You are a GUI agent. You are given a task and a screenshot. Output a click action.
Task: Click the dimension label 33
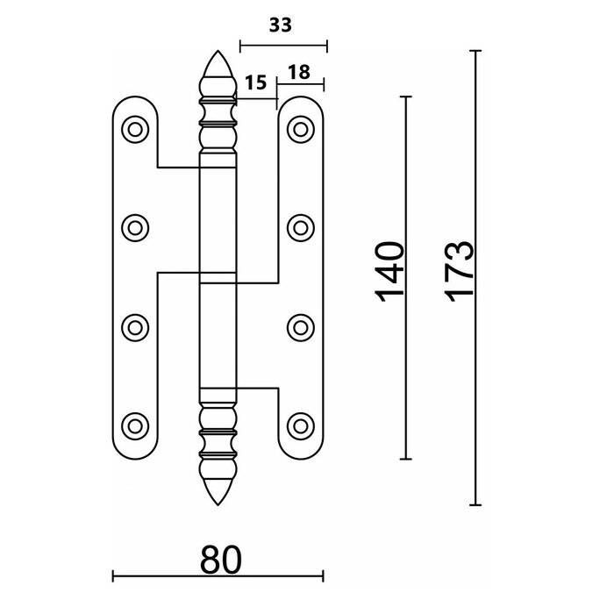(280, 26)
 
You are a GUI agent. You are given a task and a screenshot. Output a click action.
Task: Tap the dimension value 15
(256, 84)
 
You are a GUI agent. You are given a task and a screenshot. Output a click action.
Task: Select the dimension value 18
(299, 72)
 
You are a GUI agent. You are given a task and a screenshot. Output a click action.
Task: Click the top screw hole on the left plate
(135, 129)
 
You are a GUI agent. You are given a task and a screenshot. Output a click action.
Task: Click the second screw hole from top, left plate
(135, 228)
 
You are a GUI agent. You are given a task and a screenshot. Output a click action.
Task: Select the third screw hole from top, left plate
(135, 327)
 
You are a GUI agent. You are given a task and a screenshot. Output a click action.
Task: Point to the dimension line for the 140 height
(405, 368)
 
